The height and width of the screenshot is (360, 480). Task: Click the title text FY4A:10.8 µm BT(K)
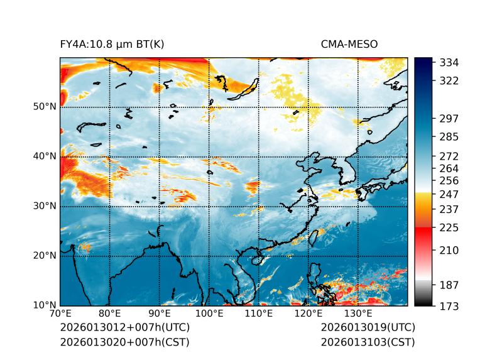[x=112, y=45]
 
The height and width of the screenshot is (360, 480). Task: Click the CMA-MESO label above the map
[x=349, y=45]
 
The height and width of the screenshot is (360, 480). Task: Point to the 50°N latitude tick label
[x=45, y=107]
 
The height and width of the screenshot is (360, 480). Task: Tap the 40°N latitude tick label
[x=45, y=156]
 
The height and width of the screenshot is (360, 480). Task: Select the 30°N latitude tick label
[x=45, y=206]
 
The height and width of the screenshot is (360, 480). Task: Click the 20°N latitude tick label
[x=45, y=256]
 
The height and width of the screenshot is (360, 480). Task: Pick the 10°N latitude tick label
[x=45, y=306]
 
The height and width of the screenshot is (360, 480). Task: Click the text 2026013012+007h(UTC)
[x=124, y=328]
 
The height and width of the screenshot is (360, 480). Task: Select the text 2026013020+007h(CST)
[x=124, y=342]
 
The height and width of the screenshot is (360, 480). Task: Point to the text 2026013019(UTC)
[x=368, y=328]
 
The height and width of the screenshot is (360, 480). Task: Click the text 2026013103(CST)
[x=368, y=342]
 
